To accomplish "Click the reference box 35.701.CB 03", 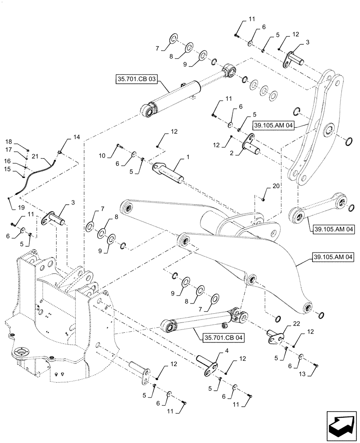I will coord(136,80).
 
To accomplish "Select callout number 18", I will coord(8,142).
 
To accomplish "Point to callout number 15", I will coord(8,169).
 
